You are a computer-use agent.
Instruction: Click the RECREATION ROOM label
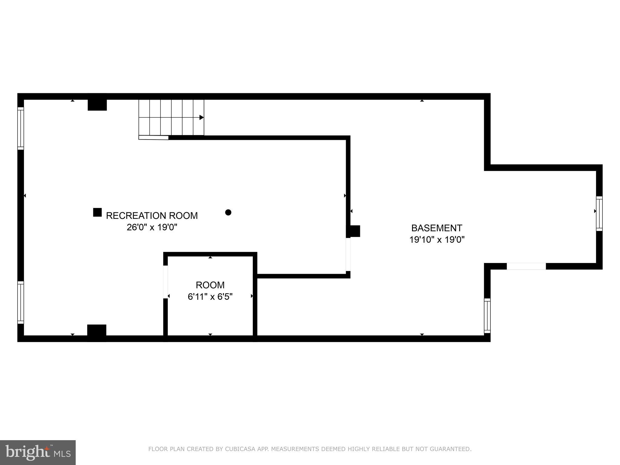(x=152, y=216)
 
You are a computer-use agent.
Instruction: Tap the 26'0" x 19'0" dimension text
(x=152, y=227)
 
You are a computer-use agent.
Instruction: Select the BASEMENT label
(x=437, y=228)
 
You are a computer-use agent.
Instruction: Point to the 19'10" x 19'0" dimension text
(x=437, y=240)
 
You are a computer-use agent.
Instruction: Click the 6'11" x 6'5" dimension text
(x=210, y=297)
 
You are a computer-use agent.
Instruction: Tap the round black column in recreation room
(x=228, y=213)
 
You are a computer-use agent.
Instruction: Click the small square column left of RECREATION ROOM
(x=97, y=213)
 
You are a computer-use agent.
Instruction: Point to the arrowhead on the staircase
(x=202, y=117)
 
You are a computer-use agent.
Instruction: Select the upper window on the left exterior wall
(x=21, y=128)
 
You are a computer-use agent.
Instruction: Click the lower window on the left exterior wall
(x=21, y=302)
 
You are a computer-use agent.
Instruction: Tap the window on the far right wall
(x=599, y=214)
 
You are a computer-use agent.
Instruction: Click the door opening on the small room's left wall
(x=166, y=282)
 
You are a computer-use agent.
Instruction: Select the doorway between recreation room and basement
(x=348, y=254)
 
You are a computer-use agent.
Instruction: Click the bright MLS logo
(x=38, y=452)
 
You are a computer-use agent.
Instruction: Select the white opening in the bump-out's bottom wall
(x=526, y=266)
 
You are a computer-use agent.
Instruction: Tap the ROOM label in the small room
(x=210, y=285)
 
